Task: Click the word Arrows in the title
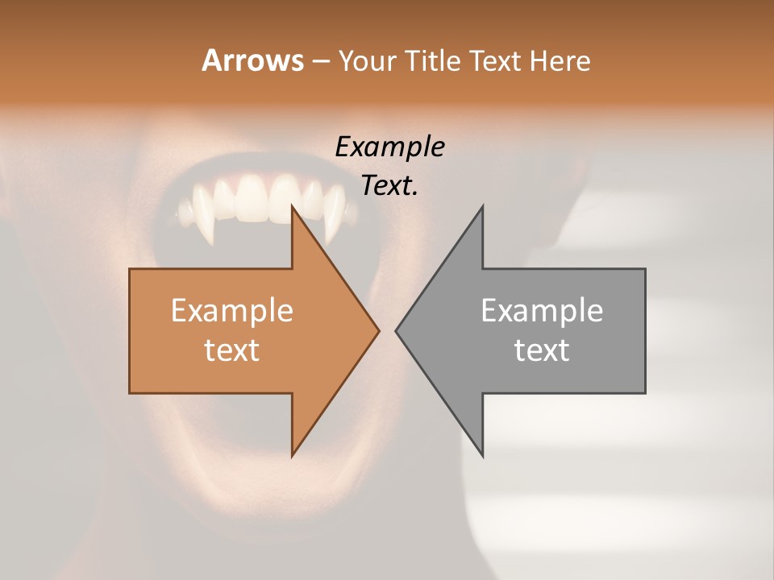click(252, 60)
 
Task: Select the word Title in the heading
click(433, 60)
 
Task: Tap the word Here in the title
click(561, 60)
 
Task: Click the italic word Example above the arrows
click(389, 147)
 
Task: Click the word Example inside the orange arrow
click(231, 311)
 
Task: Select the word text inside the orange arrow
click(231, 350)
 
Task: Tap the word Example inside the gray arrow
click(542, 311)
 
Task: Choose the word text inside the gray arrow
click(542, 350)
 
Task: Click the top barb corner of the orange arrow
click(293, 207)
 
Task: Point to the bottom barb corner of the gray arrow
click(482, 455)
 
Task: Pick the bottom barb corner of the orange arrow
click(293, 455)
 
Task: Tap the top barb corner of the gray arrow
click(482, 207)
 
